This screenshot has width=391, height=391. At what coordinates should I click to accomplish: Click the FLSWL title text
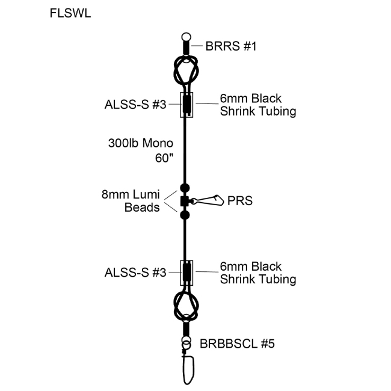point(71,14)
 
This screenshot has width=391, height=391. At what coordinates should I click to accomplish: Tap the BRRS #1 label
point(232,45)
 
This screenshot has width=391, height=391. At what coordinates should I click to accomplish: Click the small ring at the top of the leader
point(186,37)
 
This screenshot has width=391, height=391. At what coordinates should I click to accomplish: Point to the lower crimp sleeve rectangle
point(187,272)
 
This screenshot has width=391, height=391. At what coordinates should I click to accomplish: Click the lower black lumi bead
point(185,214)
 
